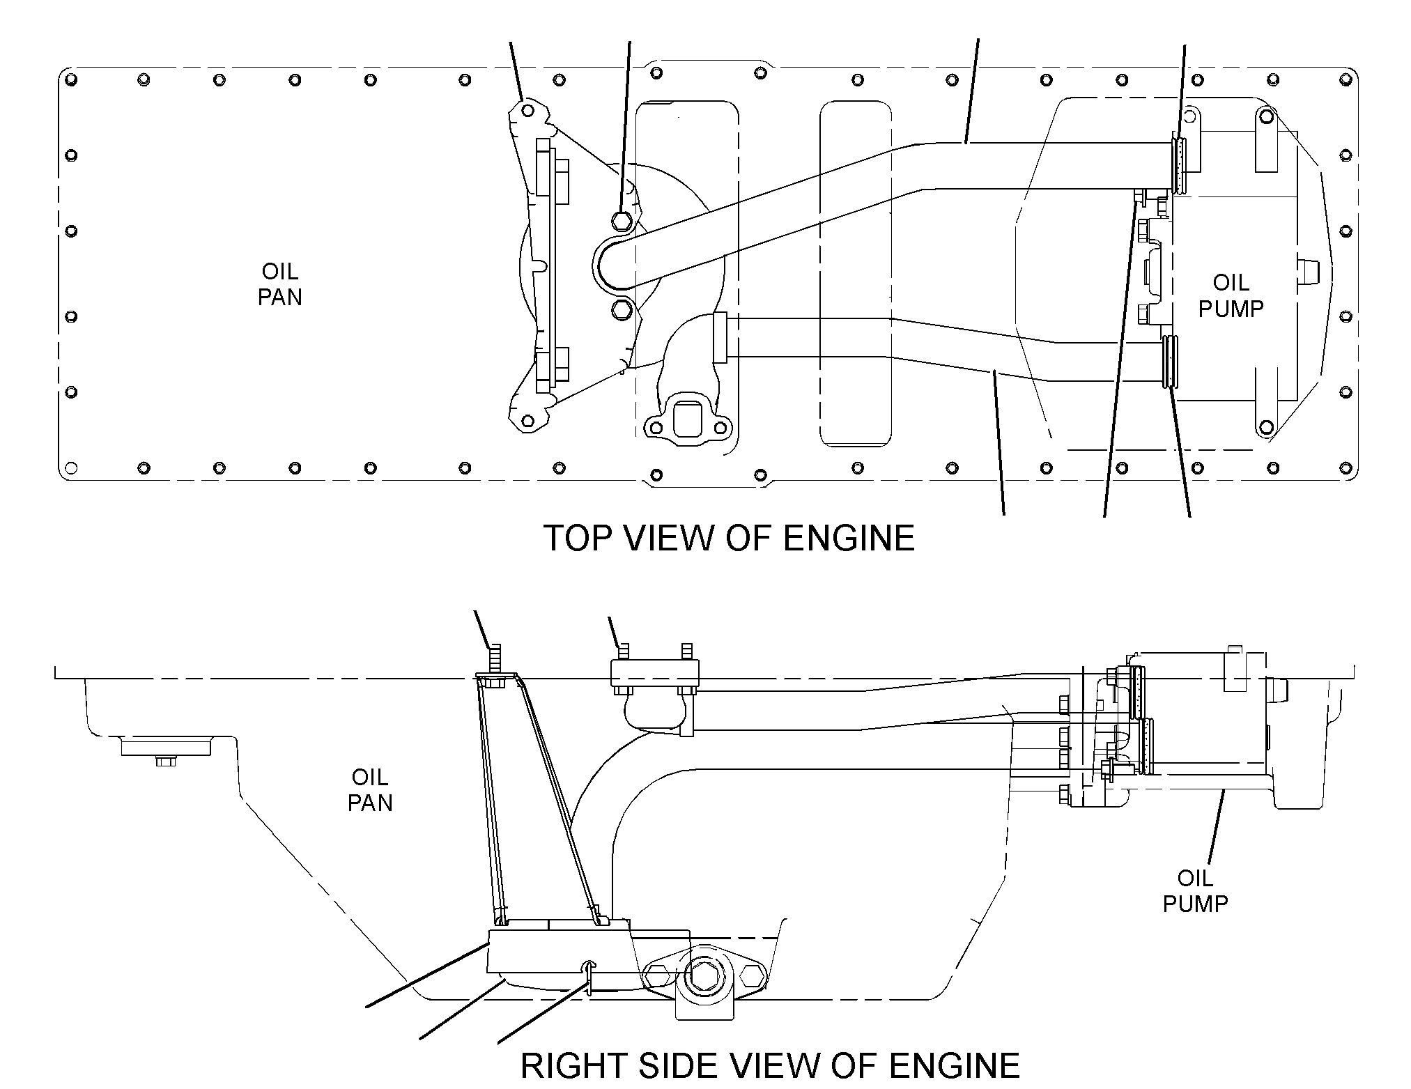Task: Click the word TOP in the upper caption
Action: [x=577, y=539]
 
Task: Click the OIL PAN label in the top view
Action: [x=280, y=284]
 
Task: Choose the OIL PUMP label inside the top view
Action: [x=1231, y=295]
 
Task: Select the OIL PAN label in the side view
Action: [x=370, y=790]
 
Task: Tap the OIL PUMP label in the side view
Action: [x=1195, y=891]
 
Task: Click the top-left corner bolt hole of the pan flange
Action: [x=71, y=79]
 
